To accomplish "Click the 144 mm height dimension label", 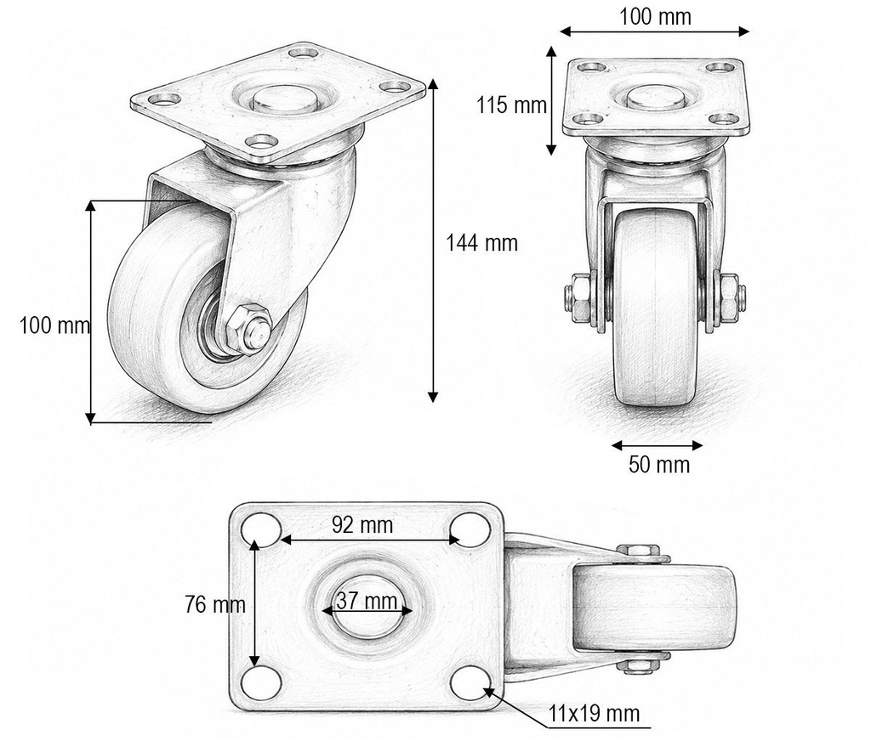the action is [481, 243].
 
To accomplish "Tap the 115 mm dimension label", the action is [511, 105].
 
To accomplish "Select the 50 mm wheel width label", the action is [659, 464].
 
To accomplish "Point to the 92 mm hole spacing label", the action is [362, 524].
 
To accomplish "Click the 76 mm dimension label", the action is [215, 604].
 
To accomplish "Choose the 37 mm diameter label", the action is [367, 601].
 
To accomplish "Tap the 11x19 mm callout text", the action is [594, 713].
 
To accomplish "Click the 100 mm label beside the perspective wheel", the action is [55, 325].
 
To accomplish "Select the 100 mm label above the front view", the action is [656, 17].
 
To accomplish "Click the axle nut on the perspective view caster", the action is [247, 330].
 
